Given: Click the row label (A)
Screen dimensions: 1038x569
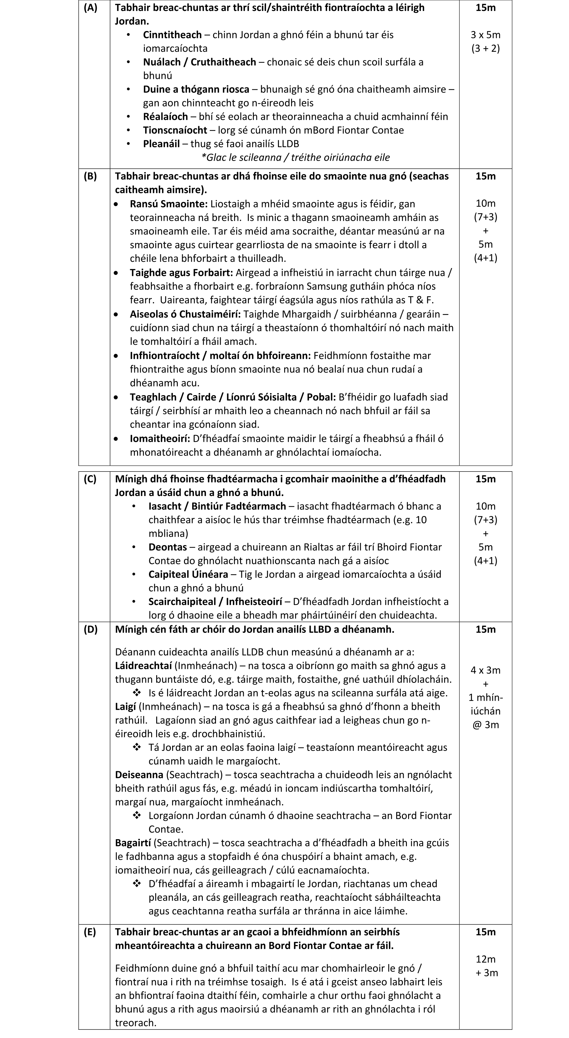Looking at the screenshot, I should (90, 8).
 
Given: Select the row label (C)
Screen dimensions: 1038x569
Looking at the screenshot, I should (90, 479).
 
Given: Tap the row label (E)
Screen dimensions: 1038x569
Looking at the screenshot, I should (90, 932).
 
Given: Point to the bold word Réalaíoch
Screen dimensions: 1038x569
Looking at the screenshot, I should (165, 116).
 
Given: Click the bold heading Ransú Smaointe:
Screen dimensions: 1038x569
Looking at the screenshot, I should (168, 204).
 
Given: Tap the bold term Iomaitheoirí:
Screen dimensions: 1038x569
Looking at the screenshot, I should (160, 438).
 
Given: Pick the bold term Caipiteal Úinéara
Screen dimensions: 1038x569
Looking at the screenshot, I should (188, 574).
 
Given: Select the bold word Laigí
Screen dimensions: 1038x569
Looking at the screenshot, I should (125, 706).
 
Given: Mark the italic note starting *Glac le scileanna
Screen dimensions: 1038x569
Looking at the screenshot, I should (295, 157).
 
